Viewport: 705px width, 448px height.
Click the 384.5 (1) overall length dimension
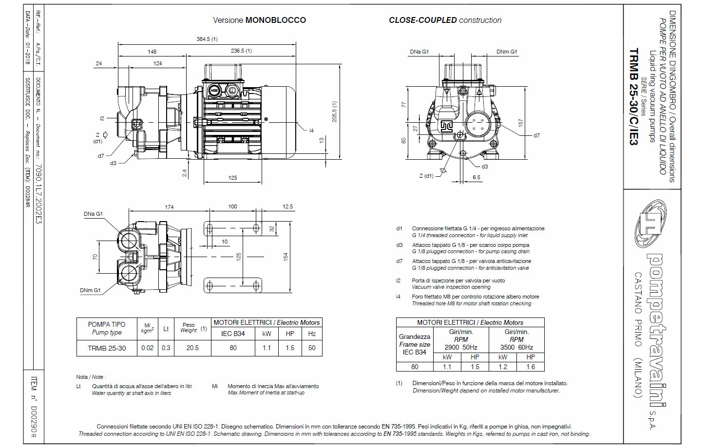pos(207,39)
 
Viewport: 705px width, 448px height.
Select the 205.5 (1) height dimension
pos(334,112)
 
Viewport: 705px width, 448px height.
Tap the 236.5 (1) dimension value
pos(241,51)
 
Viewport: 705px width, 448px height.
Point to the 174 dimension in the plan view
pos(169,207)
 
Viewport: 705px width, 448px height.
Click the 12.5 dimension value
pos(287,206)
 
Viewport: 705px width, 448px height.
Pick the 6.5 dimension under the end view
pos(476,177)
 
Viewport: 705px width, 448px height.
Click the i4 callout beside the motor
pos(311,130)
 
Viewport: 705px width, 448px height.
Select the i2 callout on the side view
pos(102,118)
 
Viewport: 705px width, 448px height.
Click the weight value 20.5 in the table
pos(192,348)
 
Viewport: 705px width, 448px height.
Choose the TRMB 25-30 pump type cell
pos(107,348)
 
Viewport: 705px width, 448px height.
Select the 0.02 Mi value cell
pos(147,348)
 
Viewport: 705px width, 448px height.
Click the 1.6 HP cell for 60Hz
pos(530,367)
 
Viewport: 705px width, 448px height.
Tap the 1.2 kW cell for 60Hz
pos(503,367)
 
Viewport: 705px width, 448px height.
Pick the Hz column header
pos(312,334)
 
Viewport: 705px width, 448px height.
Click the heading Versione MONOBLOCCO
pos(259,20)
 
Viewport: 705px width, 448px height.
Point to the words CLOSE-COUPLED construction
pos(445,20)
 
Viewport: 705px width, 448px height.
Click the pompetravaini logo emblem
pos(650,224)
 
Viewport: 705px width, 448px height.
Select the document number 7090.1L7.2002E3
pos(38,194)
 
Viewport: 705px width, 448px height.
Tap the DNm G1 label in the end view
pos(507,52)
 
